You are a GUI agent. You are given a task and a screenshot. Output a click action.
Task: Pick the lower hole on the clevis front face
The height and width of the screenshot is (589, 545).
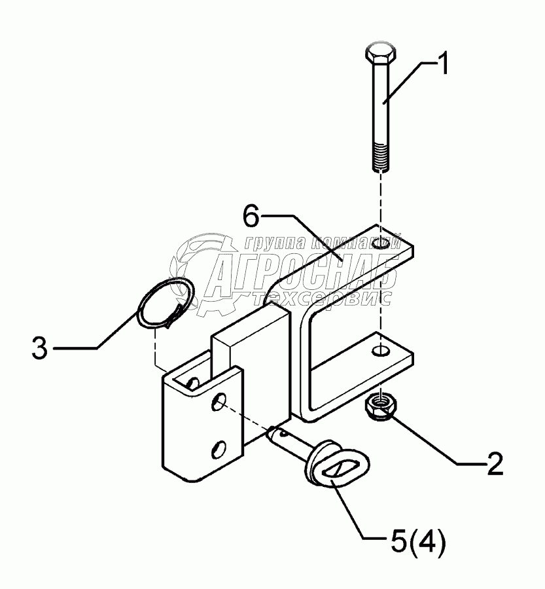(x=219, y=448)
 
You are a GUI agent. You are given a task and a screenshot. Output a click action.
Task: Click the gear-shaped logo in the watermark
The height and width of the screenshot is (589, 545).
(x=196, y=268)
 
